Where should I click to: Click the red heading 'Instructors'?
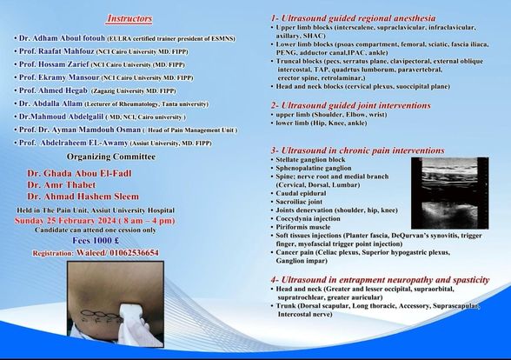click(x=129, y=18)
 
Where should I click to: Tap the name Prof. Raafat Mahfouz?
click(x=55, y=51)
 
